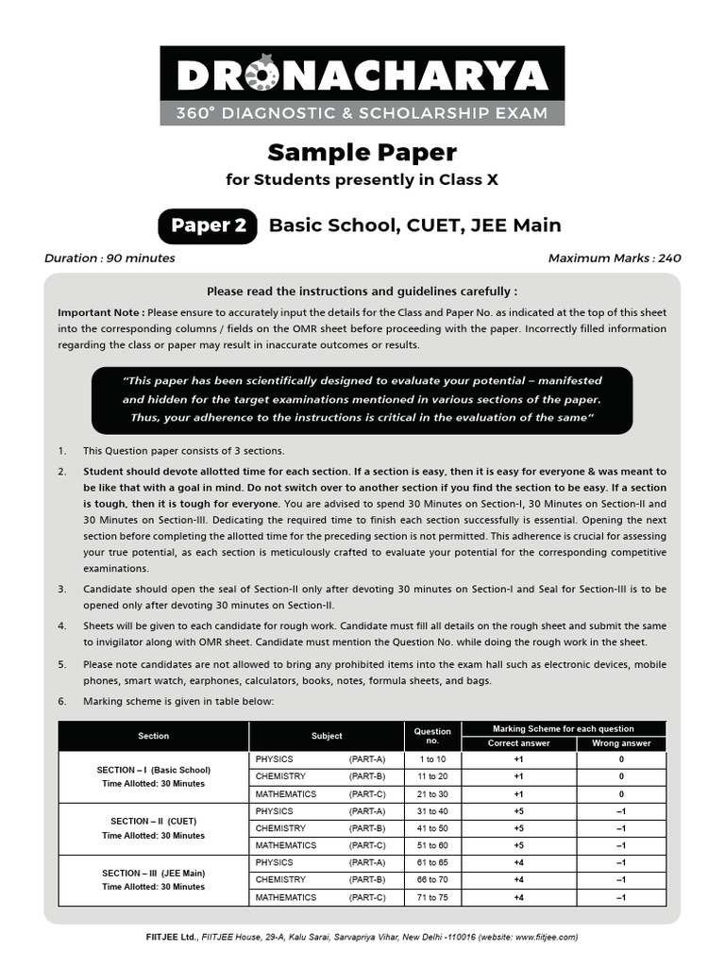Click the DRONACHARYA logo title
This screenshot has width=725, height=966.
click(x=362, y=75)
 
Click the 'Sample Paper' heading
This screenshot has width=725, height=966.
click(x=362, y=152)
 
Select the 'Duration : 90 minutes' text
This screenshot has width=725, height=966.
click(x=110, y=258)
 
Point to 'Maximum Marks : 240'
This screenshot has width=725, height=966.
click(x=614, y=258)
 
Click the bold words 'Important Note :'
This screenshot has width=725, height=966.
click(x=101, y=312)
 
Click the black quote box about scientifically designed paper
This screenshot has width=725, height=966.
click(x=362, y=399)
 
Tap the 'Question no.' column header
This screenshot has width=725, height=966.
click(x=432, y=736)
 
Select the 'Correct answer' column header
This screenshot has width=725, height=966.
click(x=518, y=743)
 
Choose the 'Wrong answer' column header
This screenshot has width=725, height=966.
click(x=620, y=743)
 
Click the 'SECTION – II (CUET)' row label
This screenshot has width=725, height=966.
click(x=154, y=821)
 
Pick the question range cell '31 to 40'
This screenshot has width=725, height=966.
click(x=432, y=811)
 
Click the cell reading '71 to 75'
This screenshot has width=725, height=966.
click(x=432, y=897)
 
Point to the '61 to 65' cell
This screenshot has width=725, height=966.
click(x=432, y=862)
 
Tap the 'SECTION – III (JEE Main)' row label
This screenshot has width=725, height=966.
click(x=154, y=873)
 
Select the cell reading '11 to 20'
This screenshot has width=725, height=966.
click(x=432, y=776)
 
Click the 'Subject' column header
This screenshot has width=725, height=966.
click(x=327, y=736)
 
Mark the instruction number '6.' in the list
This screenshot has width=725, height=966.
click(x=62, y=701)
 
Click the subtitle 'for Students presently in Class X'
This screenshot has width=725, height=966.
click(x=362, y=179)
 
